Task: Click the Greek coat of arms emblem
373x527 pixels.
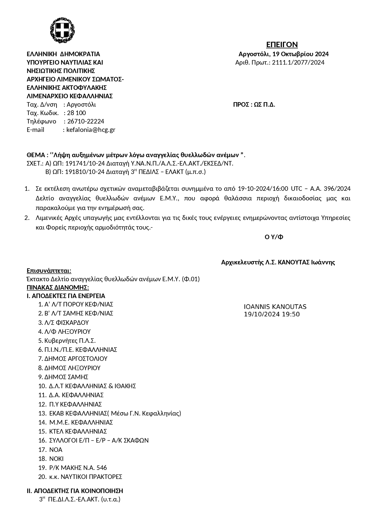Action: point(62,30)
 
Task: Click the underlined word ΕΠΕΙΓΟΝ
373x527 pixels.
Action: point(282,45)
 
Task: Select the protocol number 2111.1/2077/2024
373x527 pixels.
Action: point(298,62)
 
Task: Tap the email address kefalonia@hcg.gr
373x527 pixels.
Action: point(91,130)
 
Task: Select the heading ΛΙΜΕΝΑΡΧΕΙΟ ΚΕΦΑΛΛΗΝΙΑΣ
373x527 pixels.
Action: point(69,96)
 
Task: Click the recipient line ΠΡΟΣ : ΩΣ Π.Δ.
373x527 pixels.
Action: point(254,105)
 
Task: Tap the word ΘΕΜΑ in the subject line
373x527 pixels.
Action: point(36,155)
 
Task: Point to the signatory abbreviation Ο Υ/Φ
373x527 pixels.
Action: point(274,237)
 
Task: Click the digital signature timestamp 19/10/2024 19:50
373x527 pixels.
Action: point(272,314)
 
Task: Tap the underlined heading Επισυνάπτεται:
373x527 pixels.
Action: point(49,271)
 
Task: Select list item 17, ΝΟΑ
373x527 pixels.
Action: point(56,450)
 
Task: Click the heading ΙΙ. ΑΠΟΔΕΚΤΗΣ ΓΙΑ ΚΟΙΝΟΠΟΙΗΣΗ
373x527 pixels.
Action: point(75,491)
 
